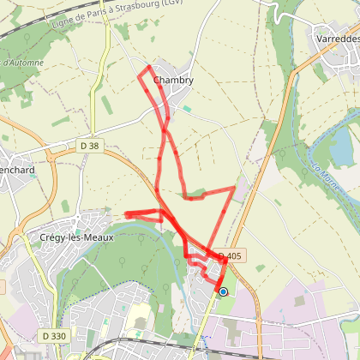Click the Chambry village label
[x=173, y=81]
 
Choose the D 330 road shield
[x=52, y=336]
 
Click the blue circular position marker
[x=224, y=292]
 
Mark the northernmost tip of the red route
[x=150, y=67]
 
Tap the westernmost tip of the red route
[x=127, y=213]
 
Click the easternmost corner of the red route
[x=234, y=187]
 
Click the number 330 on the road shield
[x=57, y=336]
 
